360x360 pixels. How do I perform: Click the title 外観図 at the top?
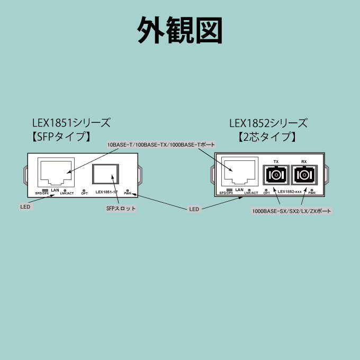tap(180, 30)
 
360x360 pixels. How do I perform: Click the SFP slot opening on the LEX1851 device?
tap(106, 174)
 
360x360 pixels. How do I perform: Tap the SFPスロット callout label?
tap(121, 209)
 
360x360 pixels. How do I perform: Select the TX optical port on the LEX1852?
tap(275, 174)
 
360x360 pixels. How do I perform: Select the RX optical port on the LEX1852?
tap(304, 174)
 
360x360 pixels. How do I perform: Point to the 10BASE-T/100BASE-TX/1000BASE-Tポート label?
tap(161, 145)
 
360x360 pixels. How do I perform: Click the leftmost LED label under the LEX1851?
tap(25, 207)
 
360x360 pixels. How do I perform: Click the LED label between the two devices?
tap(194, 209)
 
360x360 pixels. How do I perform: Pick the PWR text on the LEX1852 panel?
tap(312, 194)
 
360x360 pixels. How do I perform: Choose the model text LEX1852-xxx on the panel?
tap(290, 191)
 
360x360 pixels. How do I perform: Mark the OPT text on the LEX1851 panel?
tap(85, 194)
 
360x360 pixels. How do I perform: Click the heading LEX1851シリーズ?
tap(71, 123)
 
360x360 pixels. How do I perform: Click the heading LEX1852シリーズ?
tap(268, 123)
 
